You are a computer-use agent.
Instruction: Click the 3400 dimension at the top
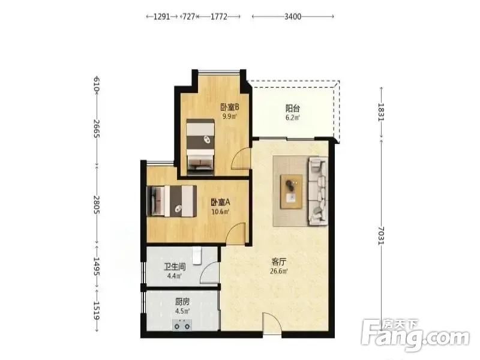[x=293, y=17]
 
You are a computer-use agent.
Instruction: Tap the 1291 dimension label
[x=161, y=17]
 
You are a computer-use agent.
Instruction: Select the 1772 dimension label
[x=219, y=17]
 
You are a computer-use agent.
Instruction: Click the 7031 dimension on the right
[x=381, y=236]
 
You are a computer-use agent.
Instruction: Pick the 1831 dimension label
[x=381, y=112]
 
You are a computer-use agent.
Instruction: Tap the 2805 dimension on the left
[x=96, y=205]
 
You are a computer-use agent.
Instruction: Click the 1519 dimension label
[x=96, y=311]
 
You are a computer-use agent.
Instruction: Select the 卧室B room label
[x=230, y=107]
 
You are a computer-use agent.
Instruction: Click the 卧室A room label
[x=220, y=202]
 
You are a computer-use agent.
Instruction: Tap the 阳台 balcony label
[x=293, y=109]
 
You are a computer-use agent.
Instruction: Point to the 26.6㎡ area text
[x=279, y=271]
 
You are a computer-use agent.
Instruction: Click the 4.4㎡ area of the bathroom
[x=175, y=276]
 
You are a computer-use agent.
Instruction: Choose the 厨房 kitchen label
[x=182, y=302]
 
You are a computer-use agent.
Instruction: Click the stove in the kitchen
[x=182, y=325]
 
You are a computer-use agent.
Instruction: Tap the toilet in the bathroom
[x=197, y=256]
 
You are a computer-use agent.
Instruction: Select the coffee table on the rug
[x=292, y=191]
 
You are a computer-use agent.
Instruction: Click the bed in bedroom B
[x=200, y=147]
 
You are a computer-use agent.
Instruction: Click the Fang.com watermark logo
[x=415, y=336]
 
